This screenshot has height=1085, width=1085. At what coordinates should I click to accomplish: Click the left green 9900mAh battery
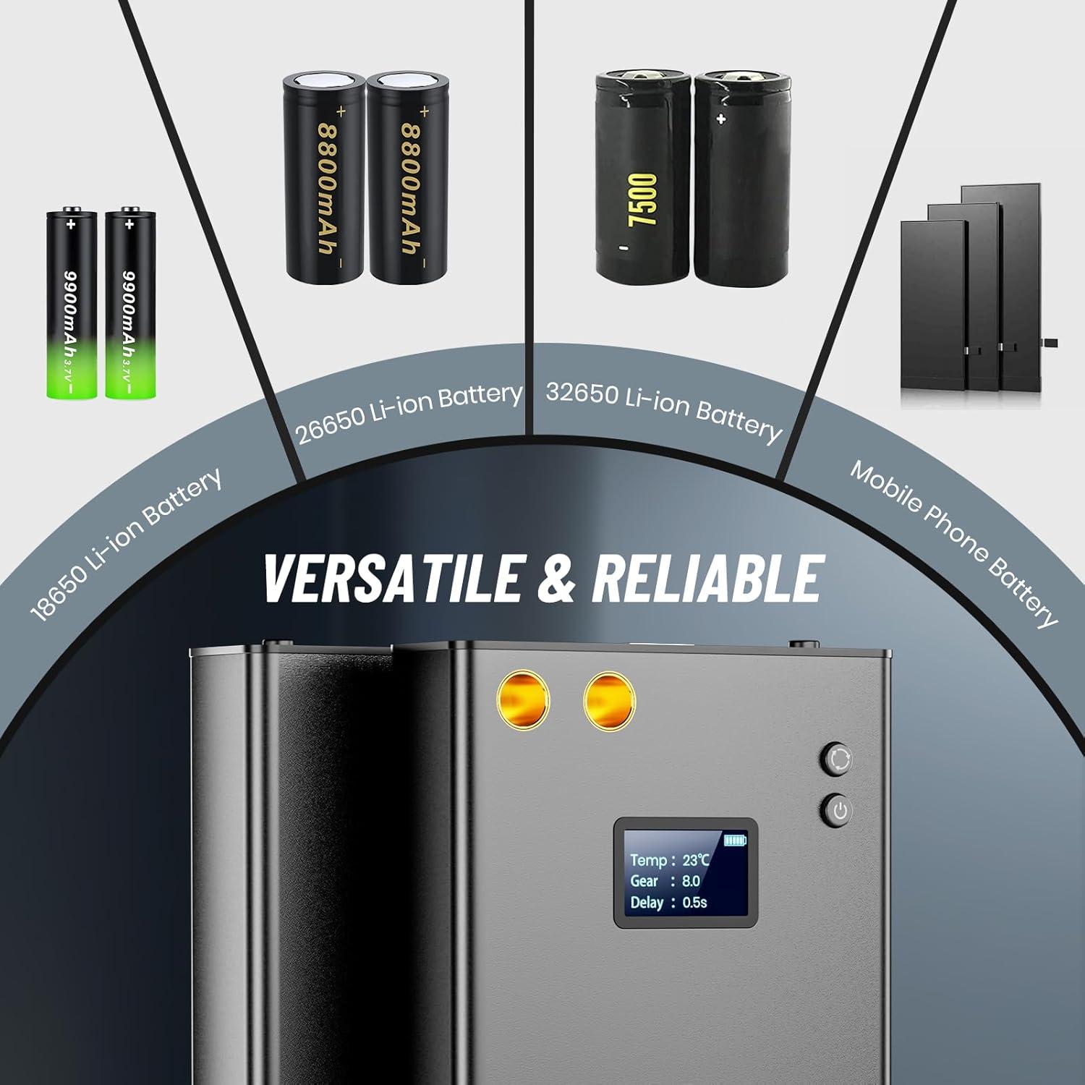pos(71,304)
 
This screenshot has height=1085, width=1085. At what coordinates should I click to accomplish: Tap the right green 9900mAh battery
pos(129,304)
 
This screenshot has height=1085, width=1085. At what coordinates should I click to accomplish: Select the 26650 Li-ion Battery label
pos(409,412)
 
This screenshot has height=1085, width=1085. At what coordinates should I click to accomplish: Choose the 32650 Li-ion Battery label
pos(663,411)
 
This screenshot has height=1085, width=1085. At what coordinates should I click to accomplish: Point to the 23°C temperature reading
pos(695,860)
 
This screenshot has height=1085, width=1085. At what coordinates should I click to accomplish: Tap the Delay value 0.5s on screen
pos(694,902)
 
